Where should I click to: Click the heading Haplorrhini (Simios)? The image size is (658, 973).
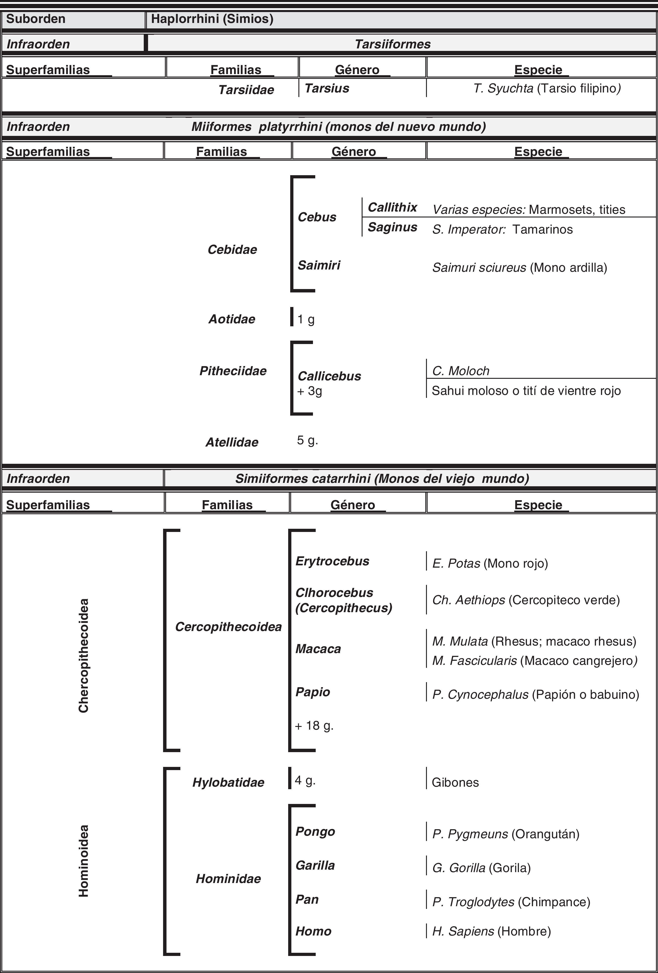(212, 19)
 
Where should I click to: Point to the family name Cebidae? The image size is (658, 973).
(232, 249)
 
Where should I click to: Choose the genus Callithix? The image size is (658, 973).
(392, 207)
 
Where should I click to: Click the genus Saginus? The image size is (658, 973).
(392, 227)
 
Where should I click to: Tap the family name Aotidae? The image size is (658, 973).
(232, 319)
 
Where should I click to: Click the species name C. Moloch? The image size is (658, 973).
(461, 371)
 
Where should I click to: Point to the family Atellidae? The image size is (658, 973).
(232, 442)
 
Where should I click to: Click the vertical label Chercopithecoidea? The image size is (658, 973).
(84, 656)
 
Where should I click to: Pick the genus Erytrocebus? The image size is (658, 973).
(332, 561)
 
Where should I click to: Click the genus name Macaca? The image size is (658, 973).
(318, 649)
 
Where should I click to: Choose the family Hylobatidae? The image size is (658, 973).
(228, 783)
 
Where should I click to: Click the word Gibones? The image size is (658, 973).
(455, 783)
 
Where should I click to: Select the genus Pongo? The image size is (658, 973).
(315, 831)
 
